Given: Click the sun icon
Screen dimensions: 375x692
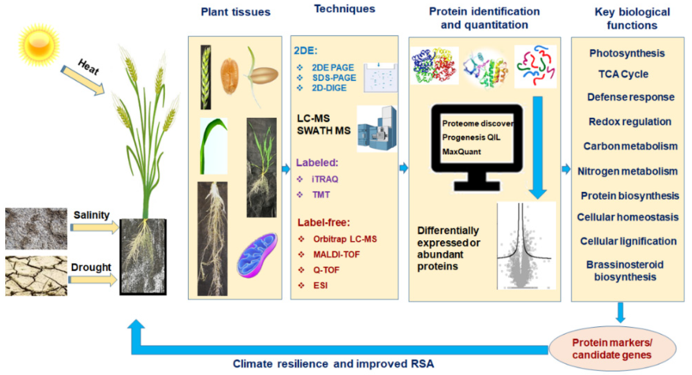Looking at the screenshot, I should (39, 45).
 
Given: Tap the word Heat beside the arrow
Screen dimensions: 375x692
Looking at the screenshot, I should (88, 67).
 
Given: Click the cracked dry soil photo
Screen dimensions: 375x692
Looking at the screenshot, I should (36, 276).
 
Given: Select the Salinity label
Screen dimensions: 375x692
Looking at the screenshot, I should (91, 215).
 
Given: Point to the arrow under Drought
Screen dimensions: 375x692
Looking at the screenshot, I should (93, 280).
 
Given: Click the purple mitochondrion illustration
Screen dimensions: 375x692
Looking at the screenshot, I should (257, 255).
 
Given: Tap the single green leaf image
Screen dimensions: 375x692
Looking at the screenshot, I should (213, 146).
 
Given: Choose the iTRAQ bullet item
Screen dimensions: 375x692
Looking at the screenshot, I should (324, 179).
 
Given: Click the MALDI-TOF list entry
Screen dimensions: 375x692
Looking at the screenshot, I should (336, 254).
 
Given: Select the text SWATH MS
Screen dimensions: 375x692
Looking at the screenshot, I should (323, 131).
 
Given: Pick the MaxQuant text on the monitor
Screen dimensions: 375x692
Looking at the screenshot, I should (461, 152).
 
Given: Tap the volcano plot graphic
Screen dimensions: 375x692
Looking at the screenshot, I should (526, 246).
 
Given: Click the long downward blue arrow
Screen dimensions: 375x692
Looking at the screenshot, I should (537, 148).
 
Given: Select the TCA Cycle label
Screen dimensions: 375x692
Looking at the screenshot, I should (623, 74).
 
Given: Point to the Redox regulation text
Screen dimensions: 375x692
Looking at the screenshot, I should (630, 122).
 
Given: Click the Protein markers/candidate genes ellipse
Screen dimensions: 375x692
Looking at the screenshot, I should (612, 348).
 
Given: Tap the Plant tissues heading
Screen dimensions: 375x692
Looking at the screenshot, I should (235, 12).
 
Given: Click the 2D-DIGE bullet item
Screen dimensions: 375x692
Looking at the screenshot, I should (329, 88).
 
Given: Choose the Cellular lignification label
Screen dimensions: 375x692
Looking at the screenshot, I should (628, 241).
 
